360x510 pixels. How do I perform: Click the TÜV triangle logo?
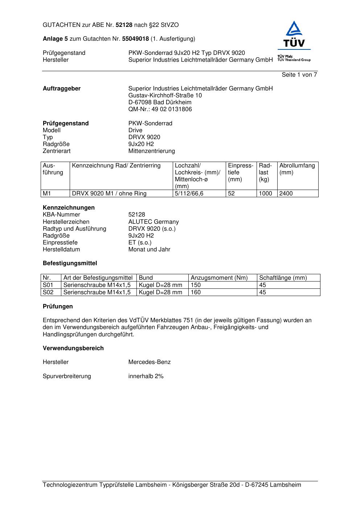click(294, 35)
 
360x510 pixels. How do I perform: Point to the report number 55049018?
click(135, 39)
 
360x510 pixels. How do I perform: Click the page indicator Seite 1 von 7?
click(299, 75)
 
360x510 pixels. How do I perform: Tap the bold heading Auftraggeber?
click(62, 89)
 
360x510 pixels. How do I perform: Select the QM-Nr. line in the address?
click(160, 109)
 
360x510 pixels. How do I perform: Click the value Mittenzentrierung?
click(151, 151)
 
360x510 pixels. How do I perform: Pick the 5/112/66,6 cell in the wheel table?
click(189, 194)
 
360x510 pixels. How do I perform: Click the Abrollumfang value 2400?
click(286, 194)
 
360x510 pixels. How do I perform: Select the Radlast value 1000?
click(265, 194)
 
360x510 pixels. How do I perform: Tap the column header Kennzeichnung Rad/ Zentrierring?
click(116, 166)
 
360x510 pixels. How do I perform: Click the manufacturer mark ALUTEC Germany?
click(154, 222)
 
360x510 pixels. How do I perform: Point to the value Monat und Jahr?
click(149, 250)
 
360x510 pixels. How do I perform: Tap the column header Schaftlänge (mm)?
click(283, 278)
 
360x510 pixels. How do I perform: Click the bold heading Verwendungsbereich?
click(73, 348)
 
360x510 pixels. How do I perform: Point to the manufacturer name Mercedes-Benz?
click(149, 362)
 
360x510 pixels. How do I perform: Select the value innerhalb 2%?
click(146, 376)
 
